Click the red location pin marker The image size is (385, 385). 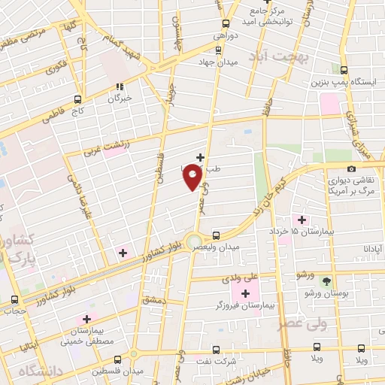192,177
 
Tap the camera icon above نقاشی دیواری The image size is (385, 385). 351,168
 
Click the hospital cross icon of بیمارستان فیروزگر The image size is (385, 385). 245,293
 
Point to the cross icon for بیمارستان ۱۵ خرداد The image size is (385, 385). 302,220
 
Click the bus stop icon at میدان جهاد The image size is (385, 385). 218,50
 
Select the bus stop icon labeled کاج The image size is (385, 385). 77,99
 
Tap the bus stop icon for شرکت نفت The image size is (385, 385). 216,350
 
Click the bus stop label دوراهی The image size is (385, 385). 225,35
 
